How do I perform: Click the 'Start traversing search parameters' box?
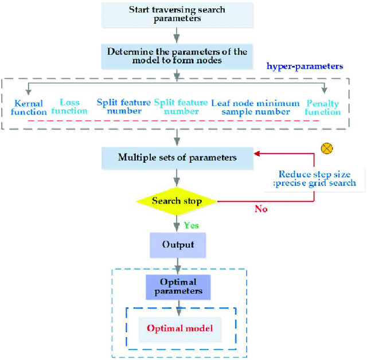[177, 14]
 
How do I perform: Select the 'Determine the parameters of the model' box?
[177, 56]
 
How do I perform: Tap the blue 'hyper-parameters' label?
[305, 66]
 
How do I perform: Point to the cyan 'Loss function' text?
[69, 107]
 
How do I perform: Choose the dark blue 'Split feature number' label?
[123, 107]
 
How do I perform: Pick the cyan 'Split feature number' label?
[181, 107]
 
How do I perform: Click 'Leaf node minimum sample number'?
[255, 107]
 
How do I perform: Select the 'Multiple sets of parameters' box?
[177, 158]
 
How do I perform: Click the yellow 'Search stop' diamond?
[177, 201]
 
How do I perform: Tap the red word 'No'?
[261, 209]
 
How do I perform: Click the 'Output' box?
[177, 245]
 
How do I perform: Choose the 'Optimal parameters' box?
[177, 287]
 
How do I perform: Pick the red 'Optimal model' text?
[179, 328]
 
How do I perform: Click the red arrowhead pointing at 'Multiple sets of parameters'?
[257, 154]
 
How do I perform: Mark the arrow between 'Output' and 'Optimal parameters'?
[178, 265]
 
